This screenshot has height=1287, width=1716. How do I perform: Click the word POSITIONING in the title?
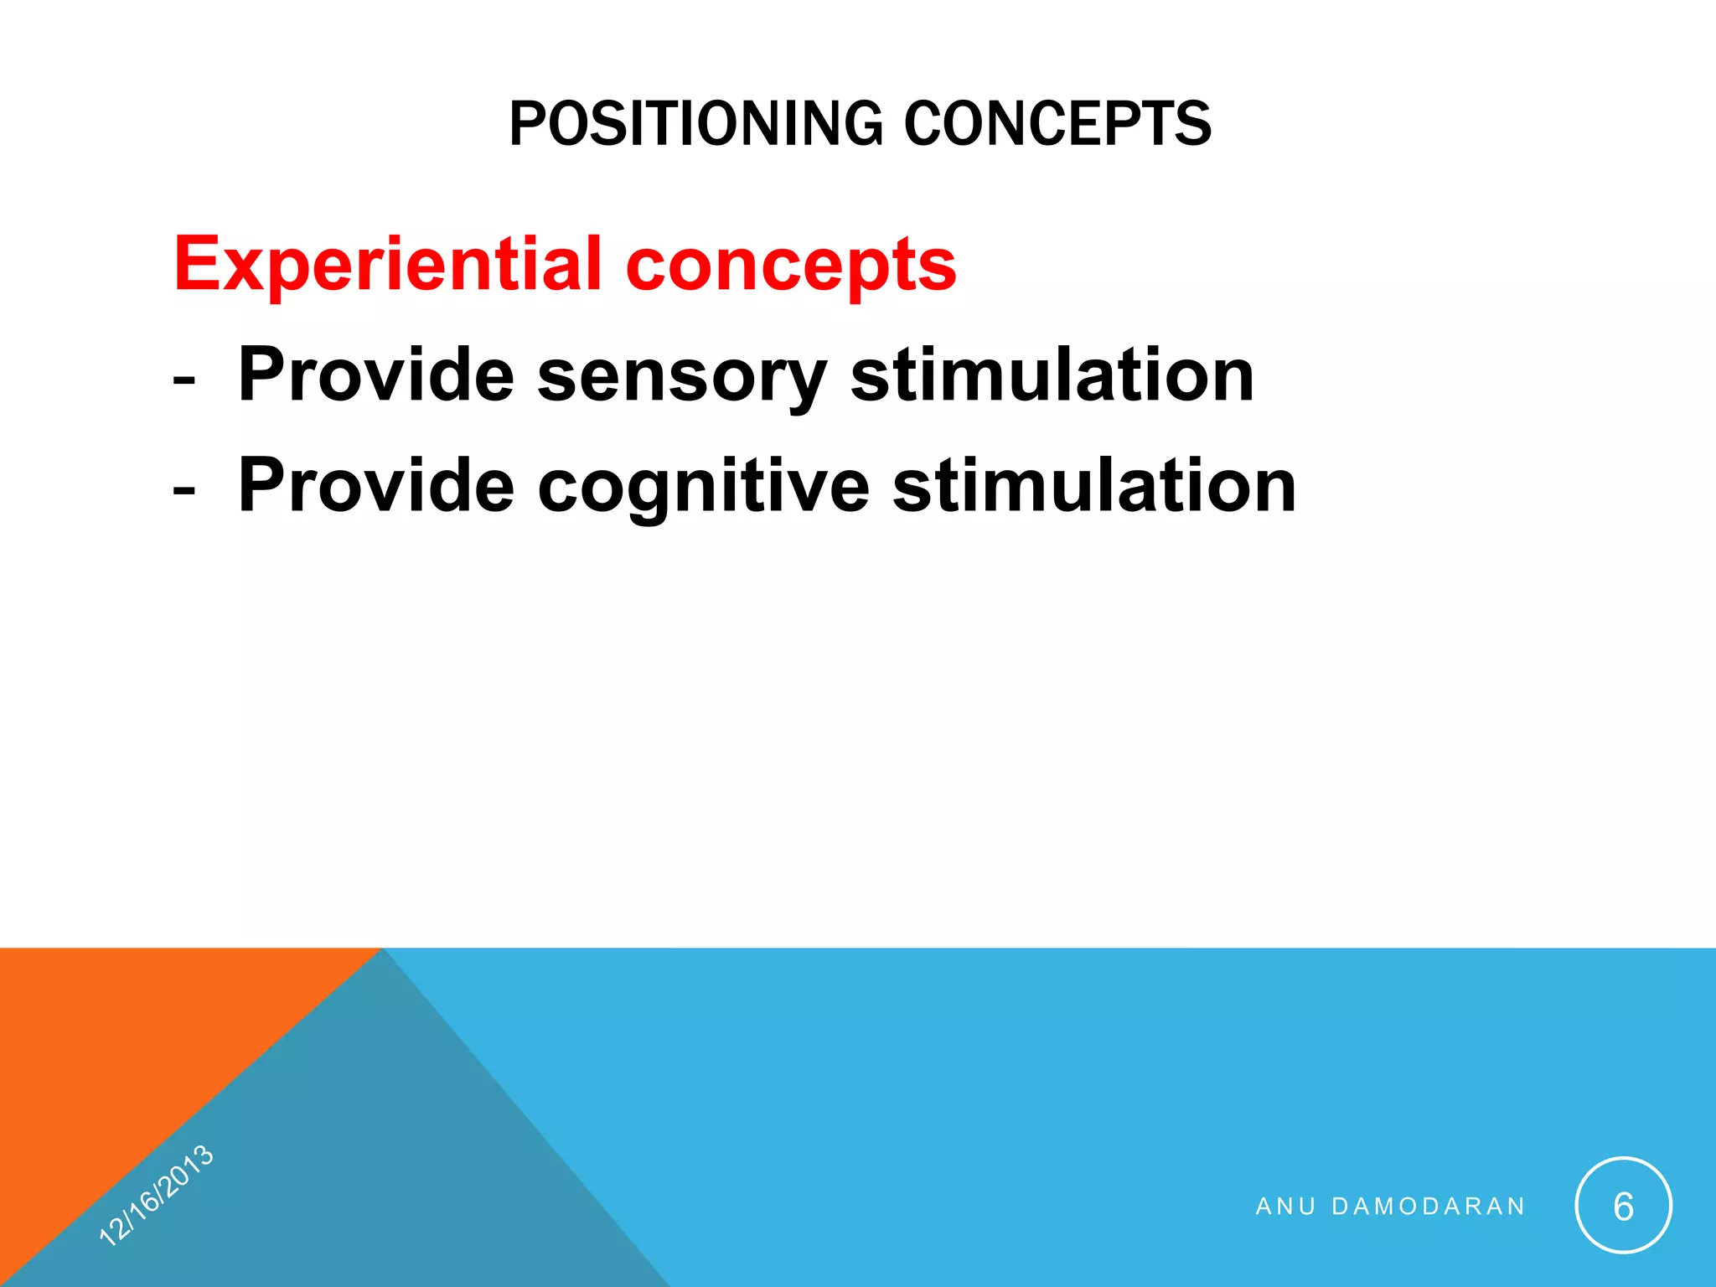[695, 124]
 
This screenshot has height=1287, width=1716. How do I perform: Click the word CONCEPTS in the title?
[1057, 124]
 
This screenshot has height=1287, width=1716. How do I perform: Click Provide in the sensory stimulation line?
[375, 375]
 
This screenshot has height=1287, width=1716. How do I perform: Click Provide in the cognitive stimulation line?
[375, 486]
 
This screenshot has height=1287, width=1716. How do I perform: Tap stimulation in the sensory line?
[1052, 375]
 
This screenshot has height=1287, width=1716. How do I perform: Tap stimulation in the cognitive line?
[1094, 486]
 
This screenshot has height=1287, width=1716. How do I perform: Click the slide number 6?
[1623, 1207]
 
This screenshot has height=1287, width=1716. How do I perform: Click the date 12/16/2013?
[157, 1196]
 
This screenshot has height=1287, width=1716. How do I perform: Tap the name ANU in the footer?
[1285, 1207]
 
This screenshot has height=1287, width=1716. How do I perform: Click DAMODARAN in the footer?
[1429, 1207]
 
